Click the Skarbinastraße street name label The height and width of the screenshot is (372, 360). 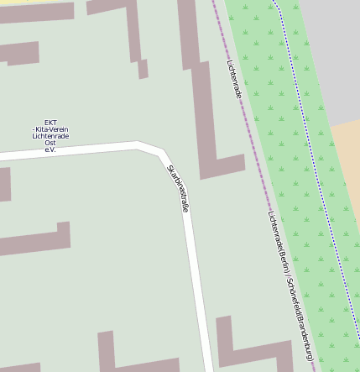178,188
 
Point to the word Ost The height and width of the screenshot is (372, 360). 50,143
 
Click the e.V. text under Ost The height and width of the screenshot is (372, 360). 50,149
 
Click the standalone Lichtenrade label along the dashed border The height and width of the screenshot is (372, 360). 234,79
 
